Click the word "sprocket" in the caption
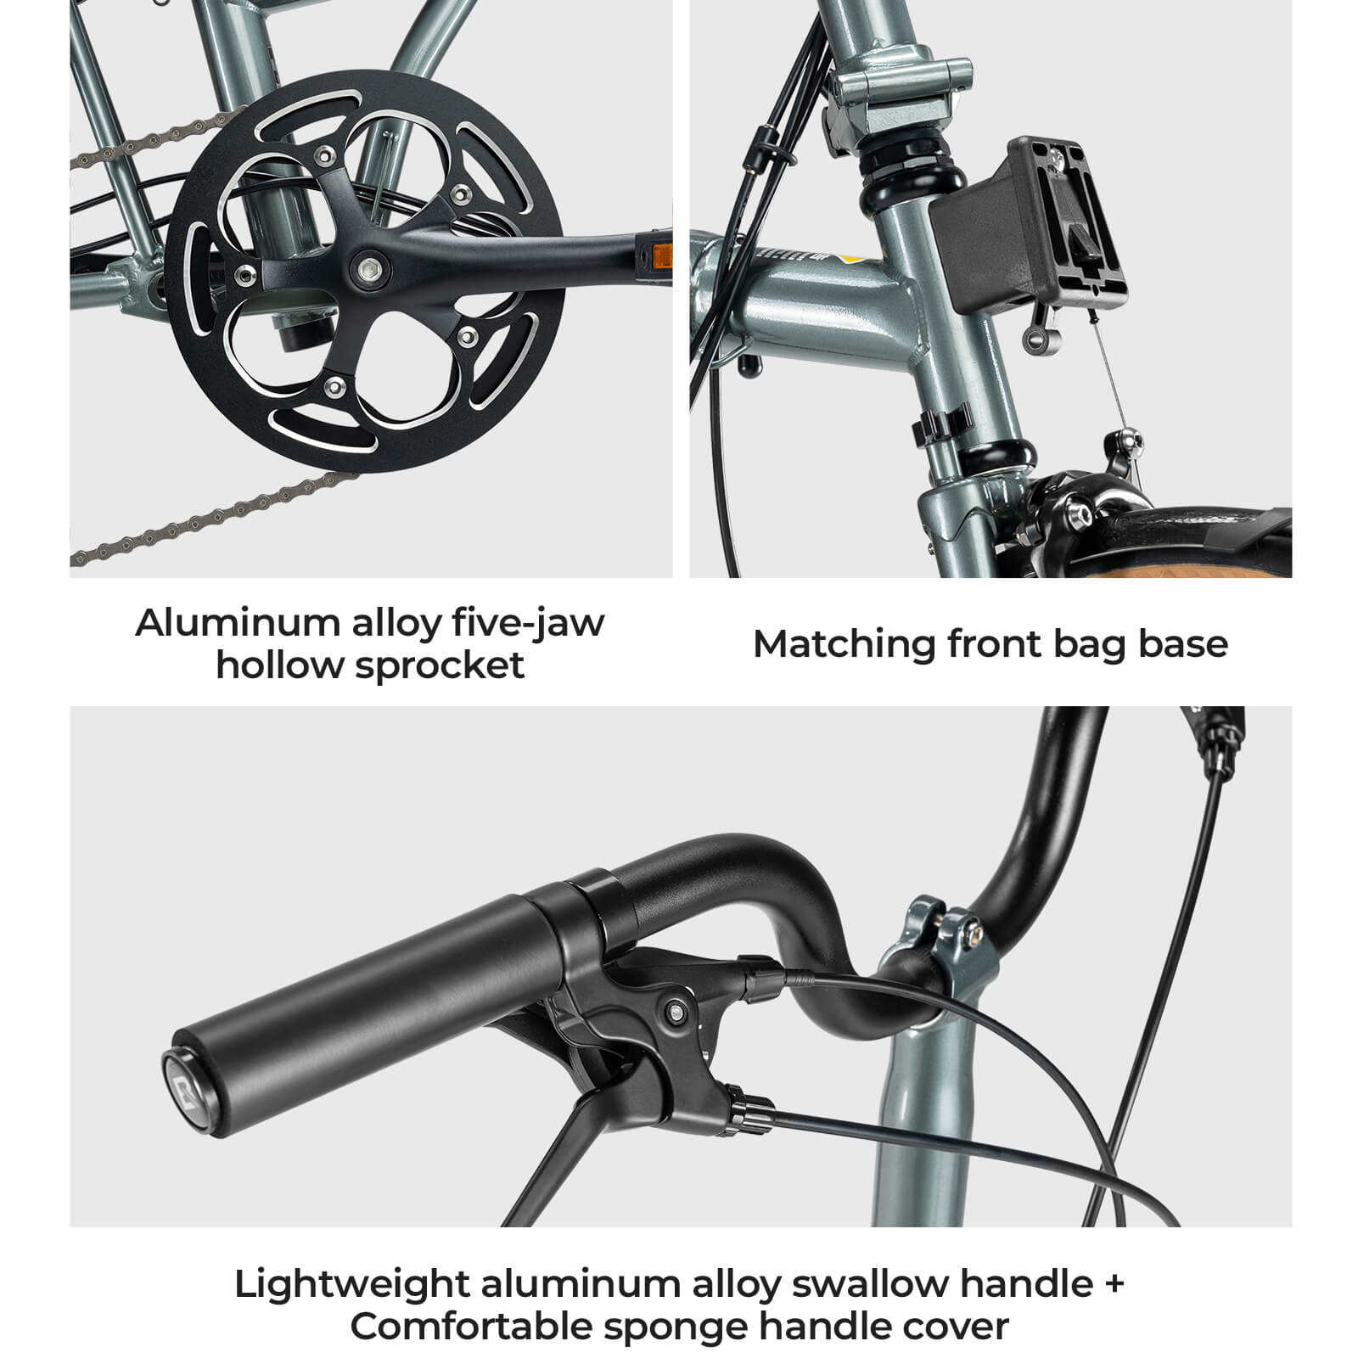(440, 665)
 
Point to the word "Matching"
(844, 645)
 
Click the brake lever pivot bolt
(675, 1011)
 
